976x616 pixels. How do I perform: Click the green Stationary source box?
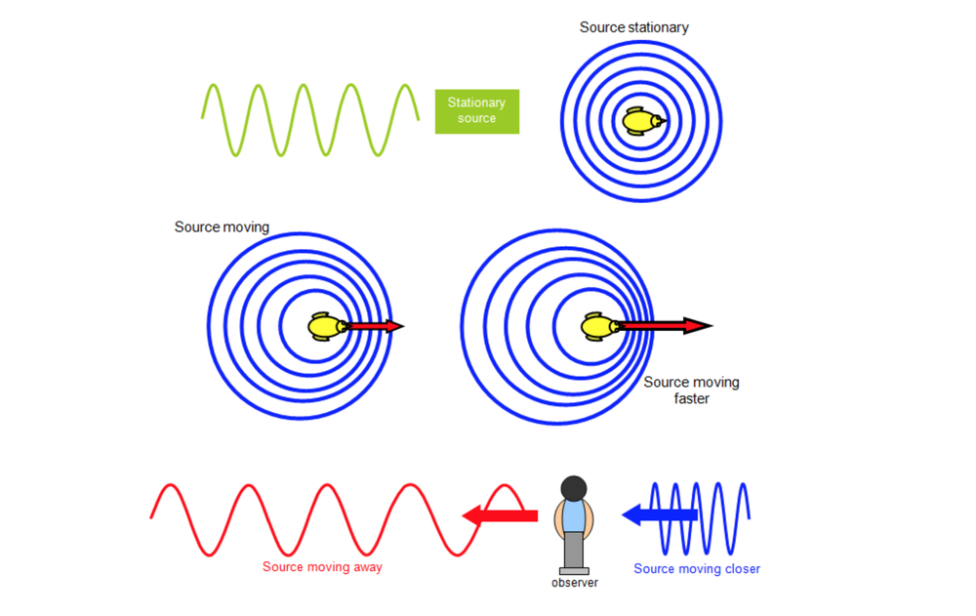pyautogui.click(x=476, y=111)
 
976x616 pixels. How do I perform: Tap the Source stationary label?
pyautogui.click(x=633, y=27)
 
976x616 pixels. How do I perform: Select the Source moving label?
pyautogui.click(x=222, y=227)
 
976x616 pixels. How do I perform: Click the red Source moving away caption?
pyautogui.click(x=322, y=567)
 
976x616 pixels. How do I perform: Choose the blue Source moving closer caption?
pyautogui.click(x=696, y=569)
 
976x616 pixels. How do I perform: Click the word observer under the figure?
pyautogui.click(x=574, y=583)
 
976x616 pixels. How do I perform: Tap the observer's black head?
pyautogui.click(x=574, y=487)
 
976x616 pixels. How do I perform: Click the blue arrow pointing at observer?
pyautogui.click(x=659, y=513)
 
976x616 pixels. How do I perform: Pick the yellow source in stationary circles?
pyautogui.click(x=642, y=121)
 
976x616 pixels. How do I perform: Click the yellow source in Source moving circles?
pyautogui.click(x=325, y=326)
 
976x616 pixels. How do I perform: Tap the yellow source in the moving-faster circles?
pyautogui.click(x=597, y=326)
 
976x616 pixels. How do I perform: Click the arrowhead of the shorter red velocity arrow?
pyautogui.click(x=394, y=326)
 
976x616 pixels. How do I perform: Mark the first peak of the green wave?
pyautogui.click(x=213, y=86)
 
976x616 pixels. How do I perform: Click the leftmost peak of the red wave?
pyautogui.click(x=172, y=485)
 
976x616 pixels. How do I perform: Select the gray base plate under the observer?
pyautogui.click(x=574, y=570)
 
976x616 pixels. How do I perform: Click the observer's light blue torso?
pyautogui.click(x=574, y=515)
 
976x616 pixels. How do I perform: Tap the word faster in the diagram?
pyautogui.click(x=691, y=398)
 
